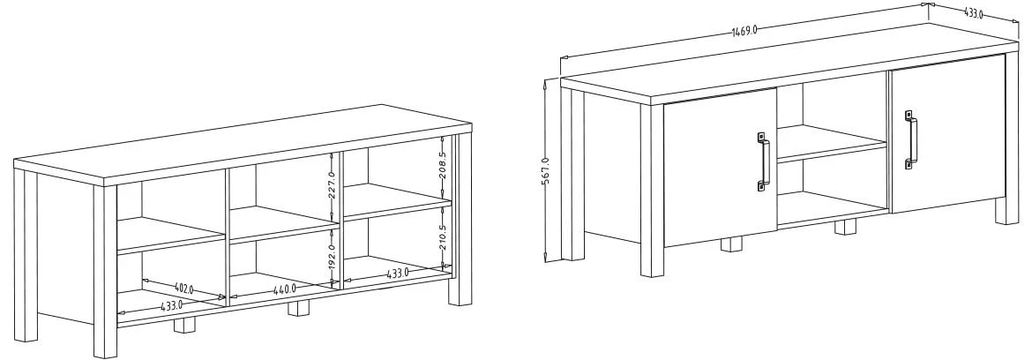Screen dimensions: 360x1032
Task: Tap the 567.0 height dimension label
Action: click(546, 170)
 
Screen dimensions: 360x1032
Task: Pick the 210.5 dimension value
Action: click(442, 236)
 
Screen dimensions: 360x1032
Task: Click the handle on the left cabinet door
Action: click(763, 161)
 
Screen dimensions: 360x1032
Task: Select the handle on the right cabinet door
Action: click(909, 139)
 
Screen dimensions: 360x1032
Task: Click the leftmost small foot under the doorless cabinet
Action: click(183, 325)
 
